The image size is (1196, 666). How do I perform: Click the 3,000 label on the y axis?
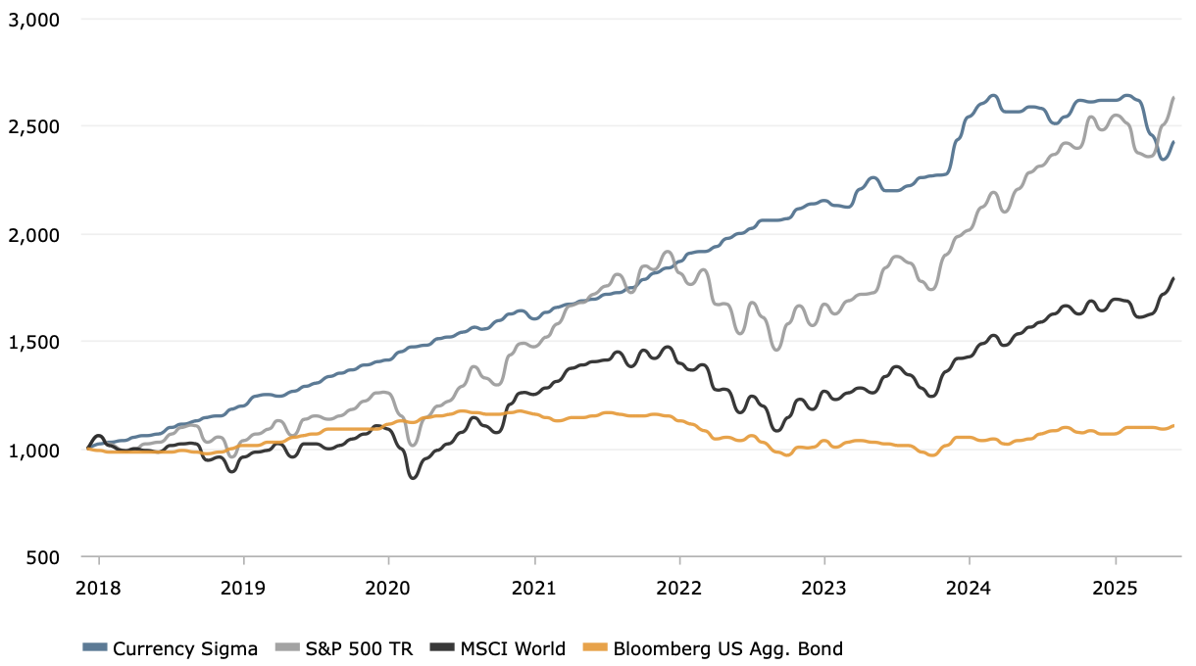tap(33, 21)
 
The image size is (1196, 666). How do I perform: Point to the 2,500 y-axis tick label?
tap(33, 127)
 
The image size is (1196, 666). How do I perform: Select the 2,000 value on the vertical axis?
tap(33, 235)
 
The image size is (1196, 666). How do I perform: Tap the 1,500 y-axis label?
tap(33, 343)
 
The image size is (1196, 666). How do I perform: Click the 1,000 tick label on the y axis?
tap(33, 451)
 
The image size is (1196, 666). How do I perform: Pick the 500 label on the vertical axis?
tap(43, 557)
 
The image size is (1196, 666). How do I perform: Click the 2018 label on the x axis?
tap(98, 589)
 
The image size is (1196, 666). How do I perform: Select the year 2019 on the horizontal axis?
tap(243, 589)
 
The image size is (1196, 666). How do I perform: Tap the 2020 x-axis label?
tap(388, 589)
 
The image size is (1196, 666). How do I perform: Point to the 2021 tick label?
tap(534, 589)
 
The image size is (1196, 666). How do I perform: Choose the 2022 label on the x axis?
tap(679, 589)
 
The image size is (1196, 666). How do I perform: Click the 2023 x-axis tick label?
tap(823, 589)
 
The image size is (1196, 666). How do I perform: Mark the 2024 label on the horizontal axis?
tap(969, 589)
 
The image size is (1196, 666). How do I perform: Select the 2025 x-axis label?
tap(1115, 589)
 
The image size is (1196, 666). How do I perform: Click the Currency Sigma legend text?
tap(185, 649)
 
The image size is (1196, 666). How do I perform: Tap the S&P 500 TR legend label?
tap(360, 649)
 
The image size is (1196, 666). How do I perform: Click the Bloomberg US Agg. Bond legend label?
tap(728, 649)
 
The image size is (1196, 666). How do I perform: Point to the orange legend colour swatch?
tap(595, 647)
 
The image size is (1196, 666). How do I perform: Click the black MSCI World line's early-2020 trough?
tap(412, 478)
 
